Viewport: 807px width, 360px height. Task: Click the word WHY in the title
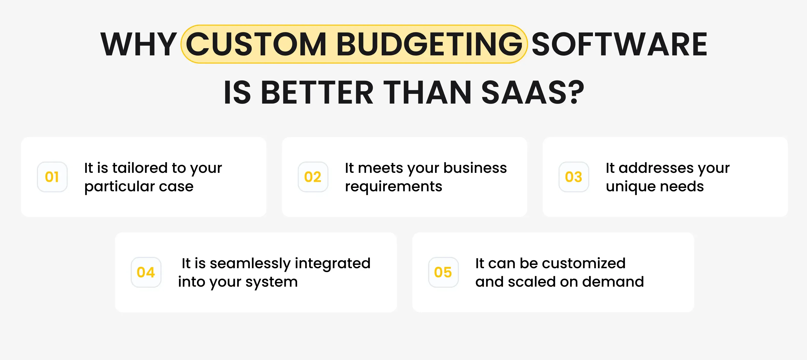[139, 45]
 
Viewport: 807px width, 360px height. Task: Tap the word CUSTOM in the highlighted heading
[256, 45]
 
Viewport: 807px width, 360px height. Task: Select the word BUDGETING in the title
[429, 45]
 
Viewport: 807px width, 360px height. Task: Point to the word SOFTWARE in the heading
[619, 45]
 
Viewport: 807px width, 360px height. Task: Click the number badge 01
[52, 177]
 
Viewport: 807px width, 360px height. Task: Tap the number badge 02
[313, 177]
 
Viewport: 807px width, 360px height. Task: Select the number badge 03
[574, 177]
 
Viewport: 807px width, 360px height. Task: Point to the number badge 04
[146, 272]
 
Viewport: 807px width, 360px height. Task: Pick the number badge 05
[443, 272]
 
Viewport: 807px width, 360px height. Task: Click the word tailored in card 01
[139, 168]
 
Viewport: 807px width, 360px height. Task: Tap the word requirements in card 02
[394, 187]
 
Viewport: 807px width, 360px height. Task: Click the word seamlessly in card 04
[250, 264]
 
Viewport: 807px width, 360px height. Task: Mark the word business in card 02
[475, 168]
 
